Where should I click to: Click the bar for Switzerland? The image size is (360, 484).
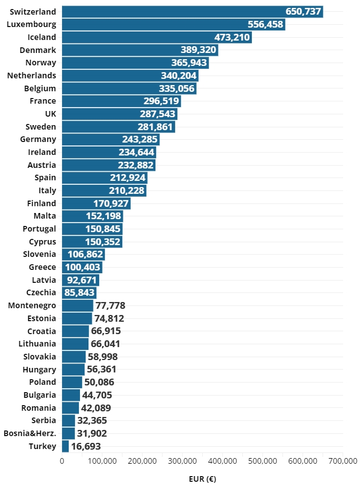tap(192, 11)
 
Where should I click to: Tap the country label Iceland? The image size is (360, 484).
tap(42, 37)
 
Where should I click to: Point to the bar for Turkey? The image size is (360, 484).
tap(65, 446)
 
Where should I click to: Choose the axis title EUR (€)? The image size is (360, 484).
tap(202, 478)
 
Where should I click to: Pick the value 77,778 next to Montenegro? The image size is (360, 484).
tap(110, 305)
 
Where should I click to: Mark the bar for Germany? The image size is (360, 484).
tap(110, 139)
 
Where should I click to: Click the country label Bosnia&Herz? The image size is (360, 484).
tap(30, 433)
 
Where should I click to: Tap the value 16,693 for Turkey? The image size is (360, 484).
tap(86, 446)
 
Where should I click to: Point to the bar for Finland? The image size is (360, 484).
tap(96, 203)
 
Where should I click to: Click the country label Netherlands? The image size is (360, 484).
tap(32, 76)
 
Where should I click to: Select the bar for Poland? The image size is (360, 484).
tap(72, 382)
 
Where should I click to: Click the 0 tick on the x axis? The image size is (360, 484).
tap(62, 460)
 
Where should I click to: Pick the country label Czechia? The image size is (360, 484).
tap(41, 292)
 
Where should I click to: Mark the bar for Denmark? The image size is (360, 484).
tap(140, 50)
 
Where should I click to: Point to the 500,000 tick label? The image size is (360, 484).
tap(263, 460)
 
